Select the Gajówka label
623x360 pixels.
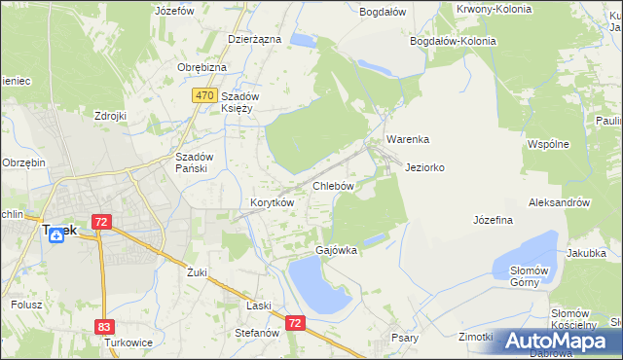(x=336, y=250)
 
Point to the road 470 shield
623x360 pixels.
(x=203, y=95)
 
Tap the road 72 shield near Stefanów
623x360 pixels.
(x=296, y=322)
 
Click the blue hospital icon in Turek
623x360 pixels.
(x=56, y=236)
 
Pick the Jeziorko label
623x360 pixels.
(x=424, y=167)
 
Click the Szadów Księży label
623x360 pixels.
(x=237, y=102)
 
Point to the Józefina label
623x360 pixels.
(x=493, y=220)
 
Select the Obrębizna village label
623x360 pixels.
(x=202, y=67)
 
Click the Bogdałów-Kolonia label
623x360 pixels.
(x=454, y=42)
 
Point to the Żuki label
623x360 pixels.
(x=198, y=272)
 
